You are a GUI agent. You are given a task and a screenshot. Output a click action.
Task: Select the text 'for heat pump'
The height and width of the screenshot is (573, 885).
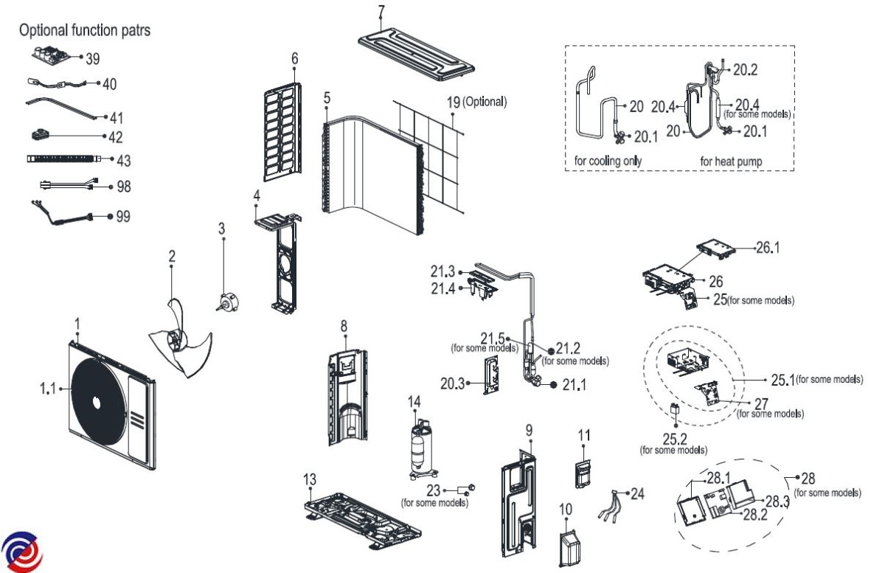730,160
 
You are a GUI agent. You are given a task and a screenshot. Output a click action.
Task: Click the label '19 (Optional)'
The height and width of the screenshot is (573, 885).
477,102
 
